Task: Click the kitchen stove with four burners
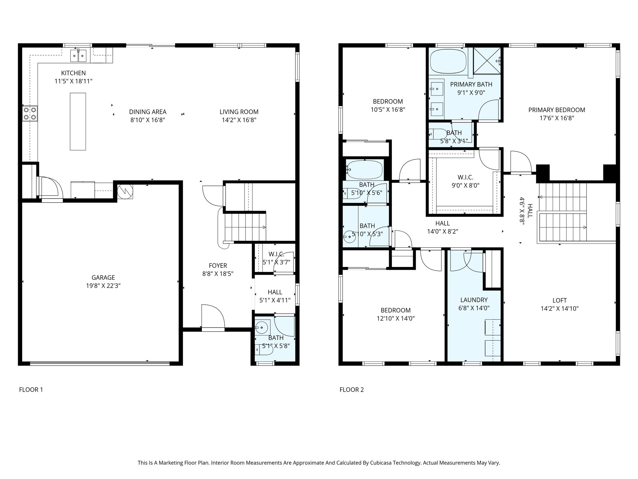click(30, 114)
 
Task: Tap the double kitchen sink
click(78, 56)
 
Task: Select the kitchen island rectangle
click(78, 121)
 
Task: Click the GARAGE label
click(103, 278)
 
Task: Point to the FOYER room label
click(218, 266)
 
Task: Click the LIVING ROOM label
click(239, 112)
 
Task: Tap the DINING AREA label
click(148, 112)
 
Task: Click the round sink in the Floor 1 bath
click(261, 327)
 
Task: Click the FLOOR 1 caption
click(31, 389)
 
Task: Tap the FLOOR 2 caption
click(352, 389)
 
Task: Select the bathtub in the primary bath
click(449, 62)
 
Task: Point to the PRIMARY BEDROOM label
click(557, 110)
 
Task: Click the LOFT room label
click(559, 301)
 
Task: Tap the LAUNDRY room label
click(474, 300)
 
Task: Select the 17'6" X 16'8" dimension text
click(557, 118)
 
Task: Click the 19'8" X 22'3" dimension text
click(103, 286)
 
